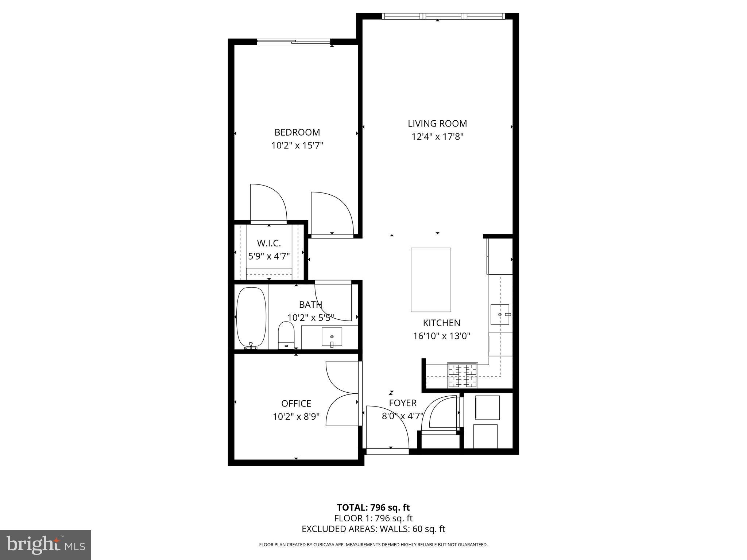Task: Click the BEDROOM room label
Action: coord(297,132)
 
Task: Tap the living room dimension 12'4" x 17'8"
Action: coord(437,137)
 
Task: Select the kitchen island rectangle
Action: coord(431,280)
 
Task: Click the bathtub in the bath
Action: coord(251,318)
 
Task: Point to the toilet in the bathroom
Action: coord(286,335)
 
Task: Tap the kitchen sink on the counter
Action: coord(500,314)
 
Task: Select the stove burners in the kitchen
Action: coord(462,376)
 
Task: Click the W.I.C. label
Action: coord(269,243)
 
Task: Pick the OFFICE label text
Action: coord(296,404)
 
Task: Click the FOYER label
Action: coord(403,403)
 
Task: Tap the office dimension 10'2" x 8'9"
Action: coord(296,416)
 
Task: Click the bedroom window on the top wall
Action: coord(294,42)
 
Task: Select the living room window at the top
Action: coord(443,16)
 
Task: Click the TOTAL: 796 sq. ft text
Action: coord(373,507)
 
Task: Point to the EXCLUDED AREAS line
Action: coord(373,529)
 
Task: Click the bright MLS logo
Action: coord(46,545)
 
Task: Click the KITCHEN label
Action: coord(441,323)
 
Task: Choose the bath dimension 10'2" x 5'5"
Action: coord(310,318)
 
